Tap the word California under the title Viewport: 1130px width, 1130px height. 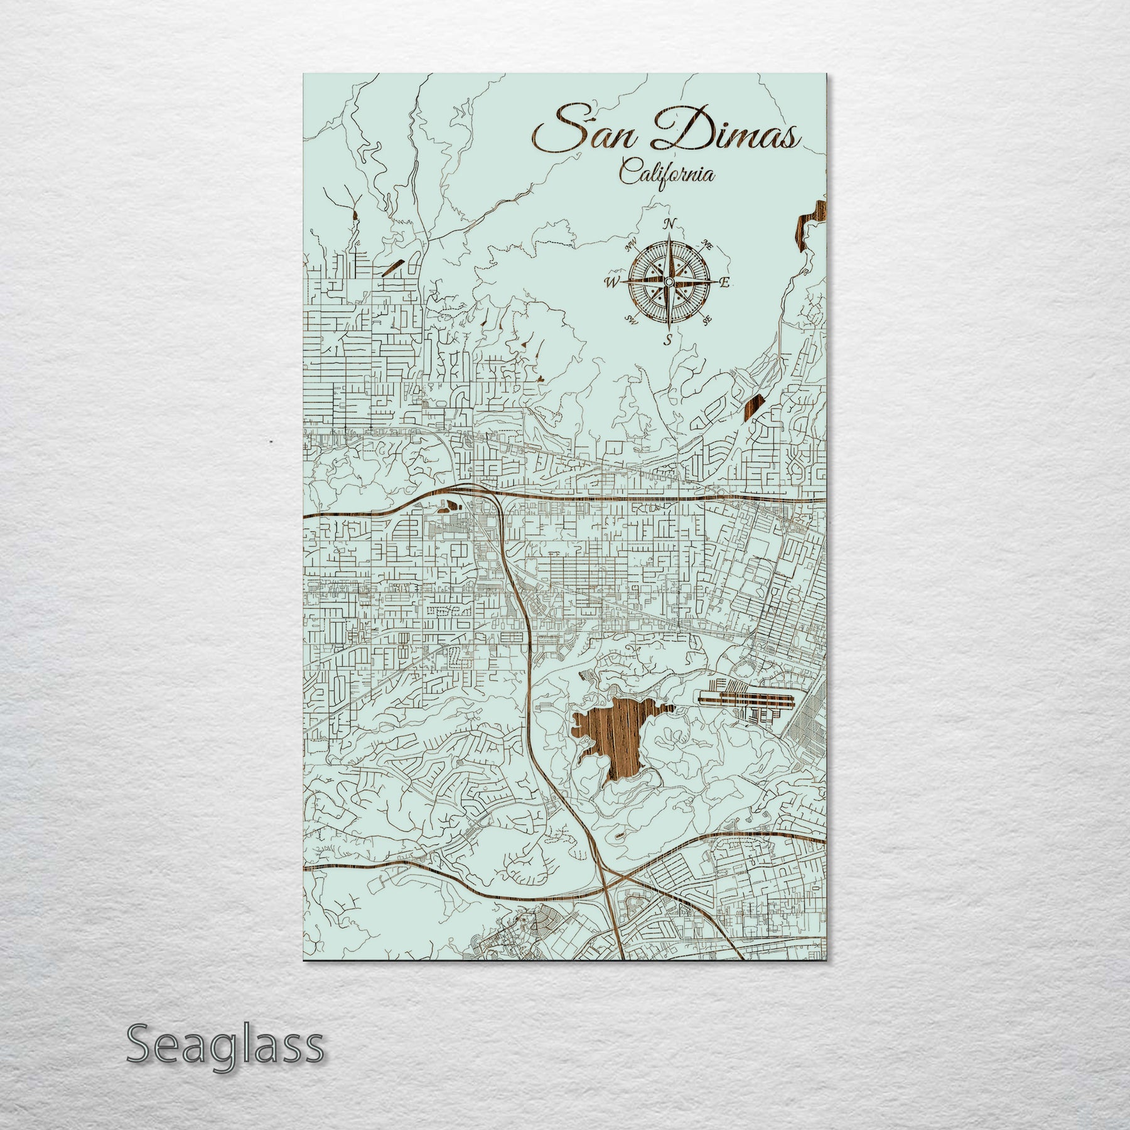(667, 173)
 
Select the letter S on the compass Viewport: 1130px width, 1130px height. (669, 341)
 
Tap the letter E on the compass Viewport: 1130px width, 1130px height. (724, 283)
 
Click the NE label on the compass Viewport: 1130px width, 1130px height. (708, 245)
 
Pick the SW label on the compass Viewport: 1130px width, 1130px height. (630, 320)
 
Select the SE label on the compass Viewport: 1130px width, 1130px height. (708, 321)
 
